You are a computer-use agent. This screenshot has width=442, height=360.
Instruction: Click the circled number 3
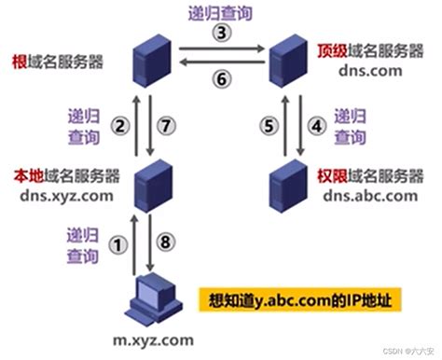pyautogui.click(x=221, y=33)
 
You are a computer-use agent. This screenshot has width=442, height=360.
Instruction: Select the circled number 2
pyautogui.click(x=118, y=125)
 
